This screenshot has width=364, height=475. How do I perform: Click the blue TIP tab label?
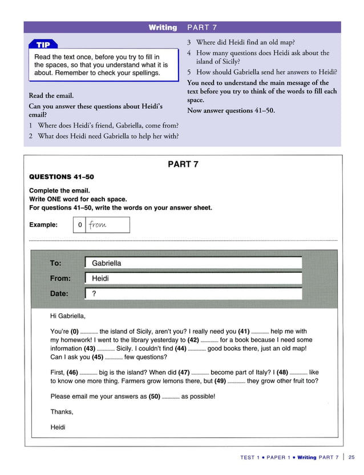(43, 44)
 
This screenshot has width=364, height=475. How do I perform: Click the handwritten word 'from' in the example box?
(98, 225)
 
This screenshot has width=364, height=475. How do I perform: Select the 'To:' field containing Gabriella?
(193, 263)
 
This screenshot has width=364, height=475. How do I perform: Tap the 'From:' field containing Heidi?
(193, 279)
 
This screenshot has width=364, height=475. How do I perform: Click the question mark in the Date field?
(94, 294)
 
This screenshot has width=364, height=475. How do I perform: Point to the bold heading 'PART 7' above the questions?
(183, 165)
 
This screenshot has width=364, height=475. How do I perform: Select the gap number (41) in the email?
(244, 331)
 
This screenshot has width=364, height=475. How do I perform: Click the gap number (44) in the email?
(180, 349)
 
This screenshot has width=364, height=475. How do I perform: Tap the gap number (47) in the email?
(184, 372)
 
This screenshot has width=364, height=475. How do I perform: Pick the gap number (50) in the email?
(154, 396)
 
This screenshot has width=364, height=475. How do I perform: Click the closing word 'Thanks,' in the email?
(62, 412)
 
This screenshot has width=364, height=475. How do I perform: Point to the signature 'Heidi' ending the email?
(58, 427)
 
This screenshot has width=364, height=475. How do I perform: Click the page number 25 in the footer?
(351, 457)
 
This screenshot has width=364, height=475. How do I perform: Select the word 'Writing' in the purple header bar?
(163, 27)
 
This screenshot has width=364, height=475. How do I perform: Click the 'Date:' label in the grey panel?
(59, 294)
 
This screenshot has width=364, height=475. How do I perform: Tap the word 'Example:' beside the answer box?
(43, 225)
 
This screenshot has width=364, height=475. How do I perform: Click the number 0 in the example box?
(80, 225)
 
